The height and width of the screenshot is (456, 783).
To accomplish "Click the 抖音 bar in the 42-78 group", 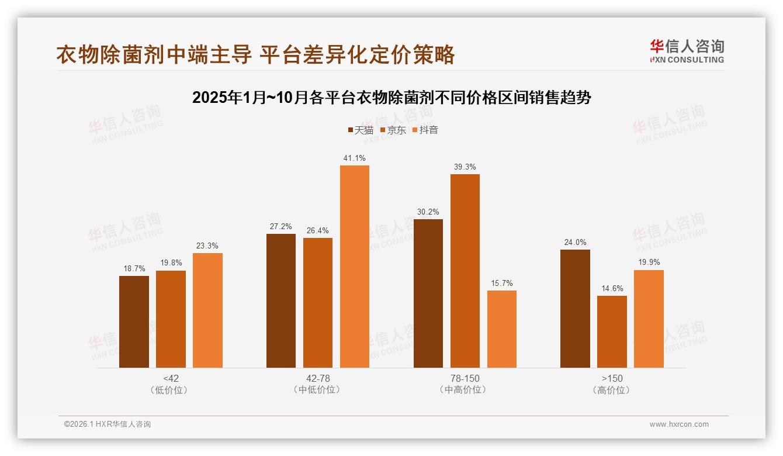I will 355,267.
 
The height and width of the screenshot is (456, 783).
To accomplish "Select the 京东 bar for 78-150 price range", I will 465,271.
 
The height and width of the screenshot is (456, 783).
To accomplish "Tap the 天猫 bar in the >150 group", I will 575,309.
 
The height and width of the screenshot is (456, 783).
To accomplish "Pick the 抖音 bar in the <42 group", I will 207,310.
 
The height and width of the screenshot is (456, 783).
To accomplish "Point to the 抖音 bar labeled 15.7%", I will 501,329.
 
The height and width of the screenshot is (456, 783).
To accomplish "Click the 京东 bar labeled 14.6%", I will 612,331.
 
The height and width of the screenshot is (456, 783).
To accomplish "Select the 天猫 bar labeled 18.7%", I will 134,322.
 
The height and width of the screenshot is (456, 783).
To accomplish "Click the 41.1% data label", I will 355,158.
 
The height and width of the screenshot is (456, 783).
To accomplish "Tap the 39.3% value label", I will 465,167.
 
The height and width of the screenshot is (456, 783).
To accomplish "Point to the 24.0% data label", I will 575,242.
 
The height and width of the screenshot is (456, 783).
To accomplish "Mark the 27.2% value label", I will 281,226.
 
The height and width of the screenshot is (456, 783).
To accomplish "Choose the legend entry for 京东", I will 393,130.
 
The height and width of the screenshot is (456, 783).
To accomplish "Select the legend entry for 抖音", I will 425,130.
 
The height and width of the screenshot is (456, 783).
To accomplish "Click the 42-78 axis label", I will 318,378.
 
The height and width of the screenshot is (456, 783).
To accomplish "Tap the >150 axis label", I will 612,378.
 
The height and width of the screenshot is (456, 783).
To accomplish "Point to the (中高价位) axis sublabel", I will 465,390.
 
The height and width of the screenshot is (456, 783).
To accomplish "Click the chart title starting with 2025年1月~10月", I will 391,98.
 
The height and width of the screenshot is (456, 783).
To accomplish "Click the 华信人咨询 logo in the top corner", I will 687,51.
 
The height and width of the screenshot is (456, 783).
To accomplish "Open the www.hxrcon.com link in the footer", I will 679,424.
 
